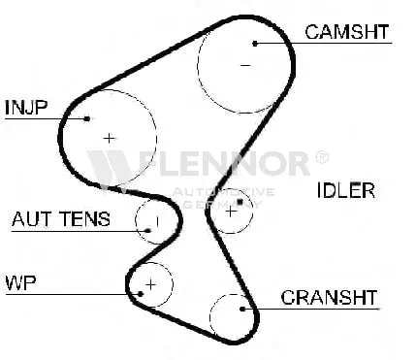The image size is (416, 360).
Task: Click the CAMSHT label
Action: click(347, 32)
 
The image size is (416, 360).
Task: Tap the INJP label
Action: click(26, 108)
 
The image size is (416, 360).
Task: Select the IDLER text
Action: click(346, 190)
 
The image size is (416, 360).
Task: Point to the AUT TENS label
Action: click(61, 219)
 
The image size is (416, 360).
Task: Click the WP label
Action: click(20, 283)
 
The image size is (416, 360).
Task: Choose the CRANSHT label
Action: click(329, 297)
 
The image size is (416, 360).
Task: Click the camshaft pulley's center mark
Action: click(245, 65)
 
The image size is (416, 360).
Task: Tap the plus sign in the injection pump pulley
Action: click(110, 139)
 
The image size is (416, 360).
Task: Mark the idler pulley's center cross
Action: click(231, 212)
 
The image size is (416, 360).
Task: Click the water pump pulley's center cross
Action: click(151, 284)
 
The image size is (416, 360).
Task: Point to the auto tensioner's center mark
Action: click(157, 221)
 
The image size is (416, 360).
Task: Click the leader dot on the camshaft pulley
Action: click(255, 43)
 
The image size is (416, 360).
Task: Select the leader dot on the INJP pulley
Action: click(87, 118)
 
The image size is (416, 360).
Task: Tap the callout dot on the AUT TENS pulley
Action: click(148, 231)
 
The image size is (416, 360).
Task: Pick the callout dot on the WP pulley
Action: click(141, 294)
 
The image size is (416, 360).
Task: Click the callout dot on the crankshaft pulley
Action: click(242, 309)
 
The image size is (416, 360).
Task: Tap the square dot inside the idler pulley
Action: click(240, 202)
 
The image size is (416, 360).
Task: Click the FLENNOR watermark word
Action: click(224, 164)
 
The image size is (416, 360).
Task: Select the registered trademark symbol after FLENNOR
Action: click(322, 157)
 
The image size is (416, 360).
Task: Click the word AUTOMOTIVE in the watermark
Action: click(223, 192)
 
